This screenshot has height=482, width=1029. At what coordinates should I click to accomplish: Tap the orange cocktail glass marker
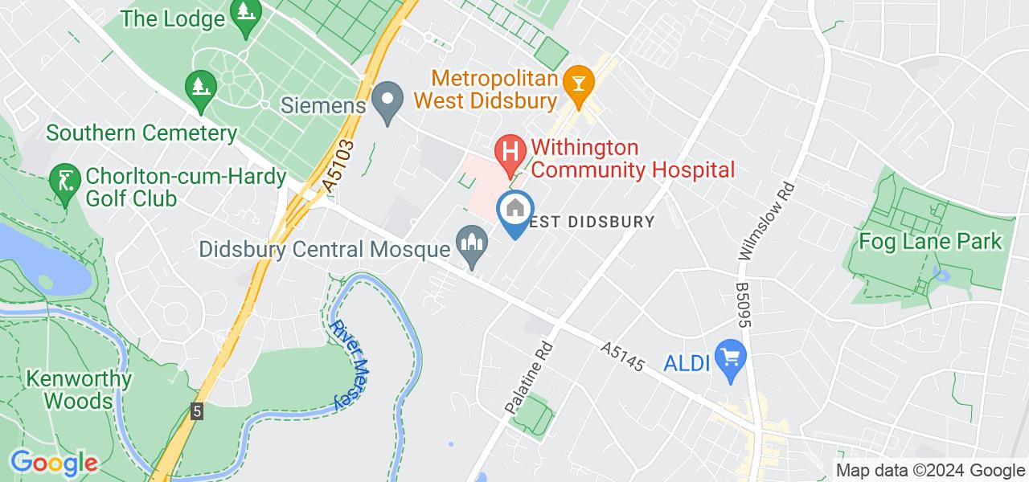pyautogui.click(x=577, y=80)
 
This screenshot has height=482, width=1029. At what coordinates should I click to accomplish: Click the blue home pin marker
pyautogui.click(x=514, y=210)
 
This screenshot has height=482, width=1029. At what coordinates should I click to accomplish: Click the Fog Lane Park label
pyautogui.click(x=931, y=240)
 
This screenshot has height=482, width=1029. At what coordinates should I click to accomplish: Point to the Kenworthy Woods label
pyautogui.click(x=78, y=389)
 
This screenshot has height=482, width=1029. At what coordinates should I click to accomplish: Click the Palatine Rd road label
pyautogui.click(x=530, y=377)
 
